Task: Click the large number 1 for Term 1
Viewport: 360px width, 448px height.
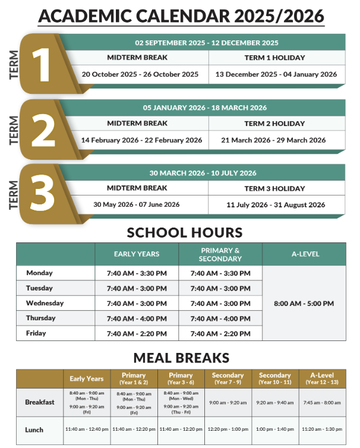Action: [x=43, y=63]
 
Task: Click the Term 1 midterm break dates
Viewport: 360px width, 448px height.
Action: [x=140, y=74]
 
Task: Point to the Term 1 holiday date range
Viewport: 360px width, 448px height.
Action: [x=276, y=74]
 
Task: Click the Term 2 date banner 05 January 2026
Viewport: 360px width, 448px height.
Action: [x=205, y=108]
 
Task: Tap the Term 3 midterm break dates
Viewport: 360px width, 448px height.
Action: [x=137, y=204]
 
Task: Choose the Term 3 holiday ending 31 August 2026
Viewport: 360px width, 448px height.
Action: [x=276, y=204]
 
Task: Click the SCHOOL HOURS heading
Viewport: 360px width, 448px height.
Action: [x=185, y=232]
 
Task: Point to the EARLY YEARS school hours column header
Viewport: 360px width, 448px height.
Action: [x=137, y=254]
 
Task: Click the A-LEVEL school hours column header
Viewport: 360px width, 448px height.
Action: [x=305, y=254]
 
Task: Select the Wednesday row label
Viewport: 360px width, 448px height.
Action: [x=45, y=303]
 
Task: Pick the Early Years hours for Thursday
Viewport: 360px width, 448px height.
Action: [x=137, y=318]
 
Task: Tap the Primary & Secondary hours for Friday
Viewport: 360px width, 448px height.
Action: [x=220, y=333]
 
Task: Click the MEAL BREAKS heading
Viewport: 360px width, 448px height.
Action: [x=181, y=358]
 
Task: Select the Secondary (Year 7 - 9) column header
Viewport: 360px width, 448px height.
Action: [x=228, y=378]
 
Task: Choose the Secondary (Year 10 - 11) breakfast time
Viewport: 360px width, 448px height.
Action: [x=275, y=402]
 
